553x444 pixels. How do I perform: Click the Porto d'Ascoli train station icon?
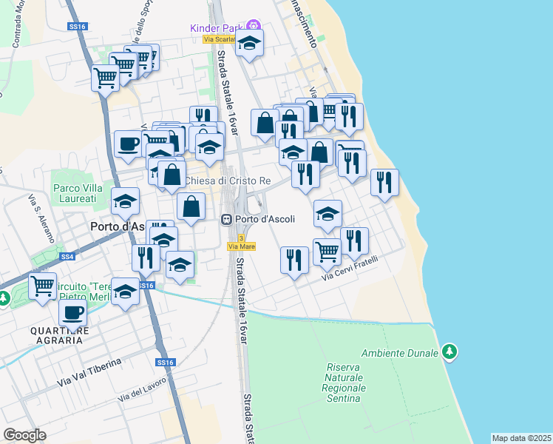(227, 220)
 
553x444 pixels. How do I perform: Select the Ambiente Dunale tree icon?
(449, 351)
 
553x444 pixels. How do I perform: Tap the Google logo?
(24, 434)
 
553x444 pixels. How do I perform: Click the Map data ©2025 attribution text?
(522, 438)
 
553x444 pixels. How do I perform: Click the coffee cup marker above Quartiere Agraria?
(73, 314)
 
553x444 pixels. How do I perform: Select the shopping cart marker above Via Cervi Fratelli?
(327, 251)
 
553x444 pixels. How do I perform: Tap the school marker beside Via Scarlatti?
(250, 44)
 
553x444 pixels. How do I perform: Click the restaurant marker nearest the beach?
(384, 182)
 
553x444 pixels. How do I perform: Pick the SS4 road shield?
(67, 257)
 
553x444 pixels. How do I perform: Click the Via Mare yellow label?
(242, 246)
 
